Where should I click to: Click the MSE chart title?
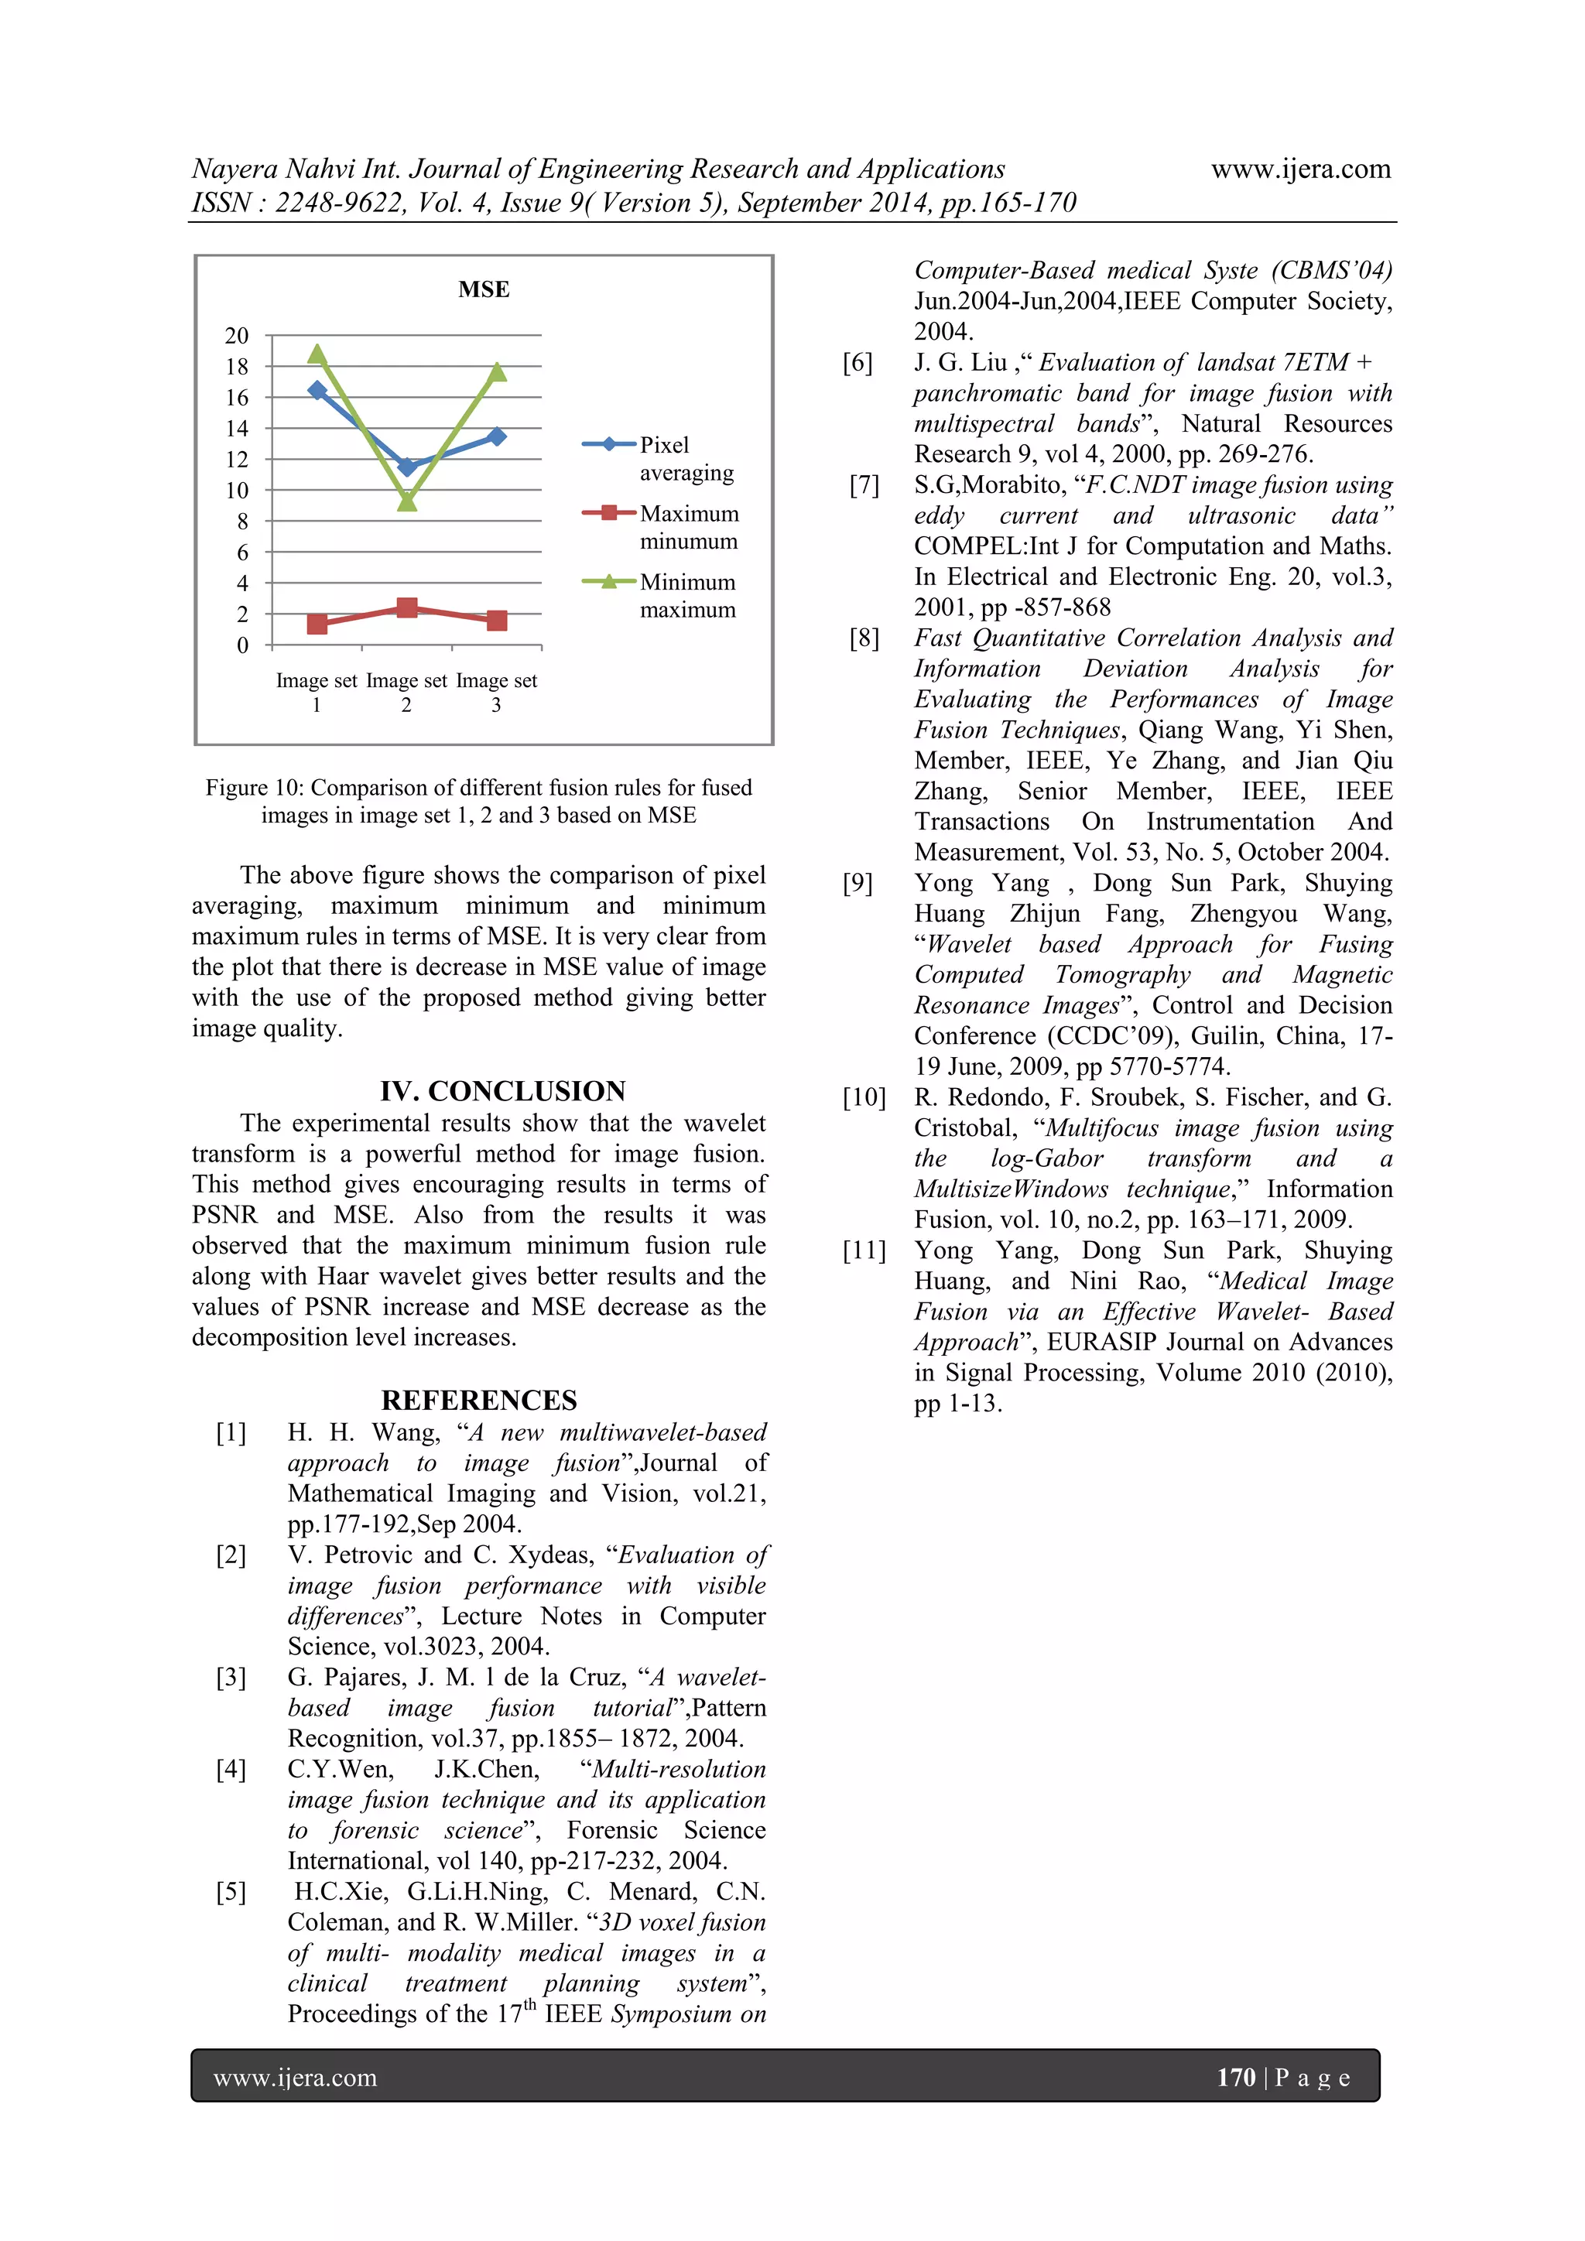coord(483,290)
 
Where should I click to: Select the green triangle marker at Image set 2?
coord(407,501)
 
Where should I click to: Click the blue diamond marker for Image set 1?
coord(317,391)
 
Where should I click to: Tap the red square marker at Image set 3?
coord(497,621)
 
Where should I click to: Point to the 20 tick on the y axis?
coord(237,336)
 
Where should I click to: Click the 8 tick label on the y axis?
coord(242,522)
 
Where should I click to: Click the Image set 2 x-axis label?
coord(406,692)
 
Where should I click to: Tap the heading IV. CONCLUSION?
coord(502,1090)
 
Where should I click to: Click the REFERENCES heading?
coord(479,1400)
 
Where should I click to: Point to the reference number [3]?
coord(231,1677)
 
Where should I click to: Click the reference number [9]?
coord(858,883)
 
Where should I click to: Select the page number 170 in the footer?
coord(1236,2076)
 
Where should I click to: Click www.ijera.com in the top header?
coord(1300,169)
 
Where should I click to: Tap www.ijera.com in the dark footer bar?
coord(295,2077)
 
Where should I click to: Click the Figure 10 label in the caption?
coord(249,788)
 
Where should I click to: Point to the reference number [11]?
coord(864,1251)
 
